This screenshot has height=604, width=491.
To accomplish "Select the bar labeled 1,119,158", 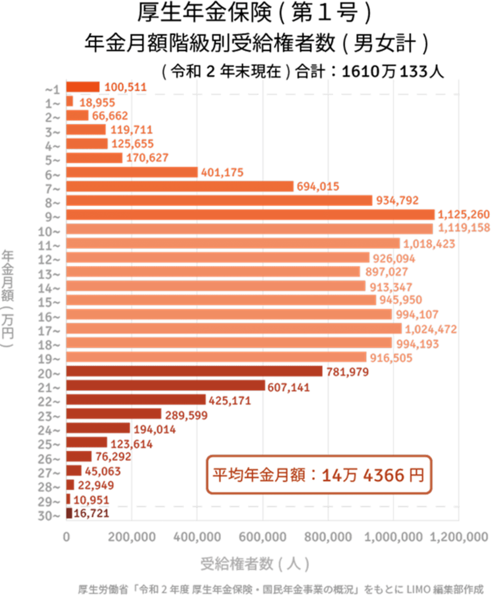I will (x=250, y=229).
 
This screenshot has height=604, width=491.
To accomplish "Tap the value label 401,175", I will (x=222, y=173).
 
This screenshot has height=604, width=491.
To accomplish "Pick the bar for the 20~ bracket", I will (x=195, y=371).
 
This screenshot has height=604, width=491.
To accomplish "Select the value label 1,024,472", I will (x=431, y=329).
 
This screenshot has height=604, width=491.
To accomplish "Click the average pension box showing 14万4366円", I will (x=318, y=475).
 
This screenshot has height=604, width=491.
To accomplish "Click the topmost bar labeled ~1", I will (x=83, y=86).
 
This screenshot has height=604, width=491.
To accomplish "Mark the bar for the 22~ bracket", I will (x=136, y=400).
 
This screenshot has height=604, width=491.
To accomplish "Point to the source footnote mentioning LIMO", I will (x=280, y=590).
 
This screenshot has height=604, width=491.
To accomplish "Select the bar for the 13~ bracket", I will (x=213, y=272).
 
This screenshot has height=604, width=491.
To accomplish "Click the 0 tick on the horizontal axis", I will (x=67, y=537).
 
